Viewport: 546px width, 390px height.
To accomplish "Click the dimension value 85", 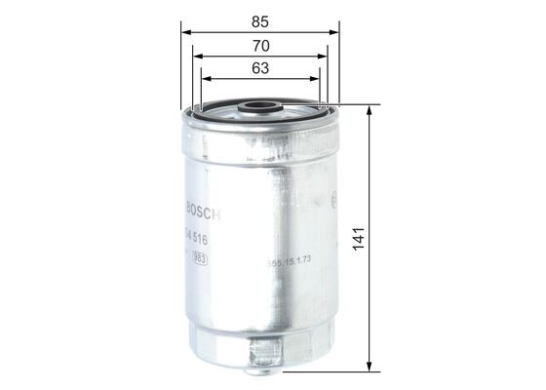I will click(259, 19).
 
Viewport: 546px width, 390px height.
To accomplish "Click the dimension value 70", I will click(259, 45).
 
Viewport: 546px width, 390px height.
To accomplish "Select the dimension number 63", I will click(259, 69).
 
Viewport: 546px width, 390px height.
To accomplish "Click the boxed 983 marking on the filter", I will click(198, 258).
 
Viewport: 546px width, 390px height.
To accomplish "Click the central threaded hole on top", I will click(259, 107).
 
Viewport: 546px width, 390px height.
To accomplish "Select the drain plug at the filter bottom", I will click(261, 352).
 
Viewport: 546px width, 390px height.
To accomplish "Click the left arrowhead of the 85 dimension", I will click(184, 32).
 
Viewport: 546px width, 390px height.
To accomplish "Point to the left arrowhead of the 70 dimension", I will click(195, 57).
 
